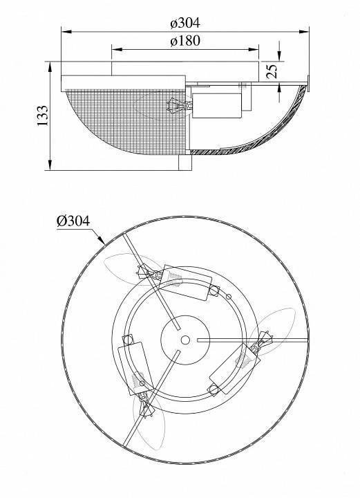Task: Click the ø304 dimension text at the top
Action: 185,23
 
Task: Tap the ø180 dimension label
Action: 185,41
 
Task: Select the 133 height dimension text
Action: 43,116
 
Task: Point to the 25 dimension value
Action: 272,71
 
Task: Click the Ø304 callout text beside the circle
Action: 73,221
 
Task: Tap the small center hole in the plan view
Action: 185,340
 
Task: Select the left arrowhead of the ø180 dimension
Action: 117,49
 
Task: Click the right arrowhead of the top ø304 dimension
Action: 304,31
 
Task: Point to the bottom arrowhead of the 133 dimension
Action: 50,165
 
